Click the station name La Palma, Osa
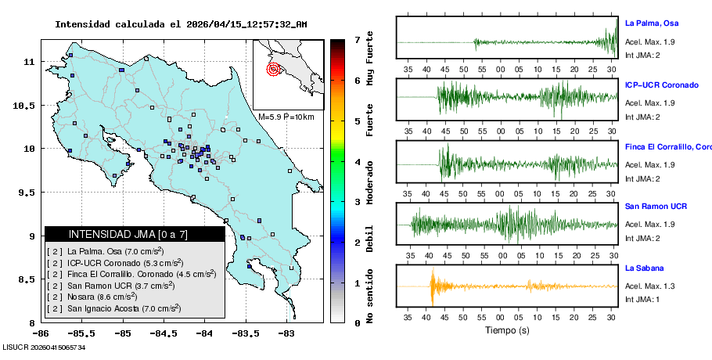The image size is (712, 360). [x=657, y=23]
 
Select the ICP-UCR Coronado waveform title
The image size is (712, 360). [x=661, y=85]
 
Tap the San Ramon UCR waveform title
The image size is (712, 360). [x=656, y=207]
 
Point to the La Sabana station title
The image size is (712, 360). [x=645, y=268]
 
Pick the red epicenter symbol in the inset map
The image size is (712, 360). [x=273, y=69]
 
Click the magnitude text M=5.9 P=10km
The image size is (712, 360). [x=286, y=117]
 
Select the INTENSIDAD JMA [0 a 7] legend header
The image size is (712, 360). [x=134, y=234]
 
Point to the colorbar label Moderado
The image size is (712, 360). [x=369, y=182]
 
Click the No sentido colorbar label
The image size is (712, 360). [x=369, y=300]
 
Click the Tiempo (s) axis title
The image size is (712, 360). [x=507, y=331]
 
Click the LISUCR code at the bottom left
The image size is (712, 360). [x=44, y=347]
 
